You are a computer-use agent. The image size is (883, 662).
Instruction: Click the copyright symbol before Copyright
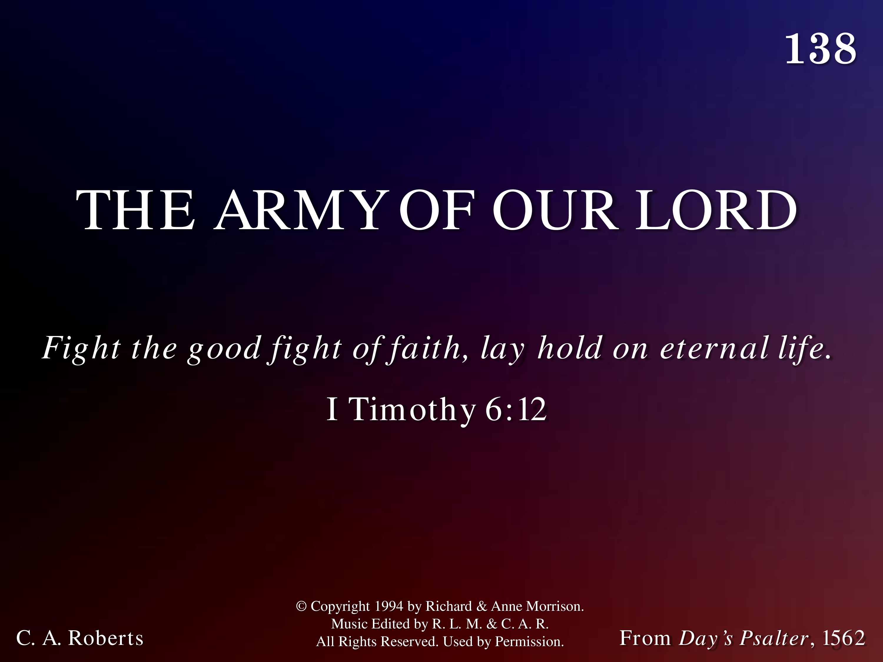point(301,606)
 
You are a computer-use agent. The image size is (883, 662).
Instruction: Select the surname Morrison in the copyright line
point(555,606)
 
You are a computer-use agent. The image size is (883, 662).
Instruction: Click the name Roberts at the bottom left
point(106,638)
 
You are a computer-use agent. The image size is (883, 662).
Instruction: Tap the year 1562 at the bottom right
point(844,638)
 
